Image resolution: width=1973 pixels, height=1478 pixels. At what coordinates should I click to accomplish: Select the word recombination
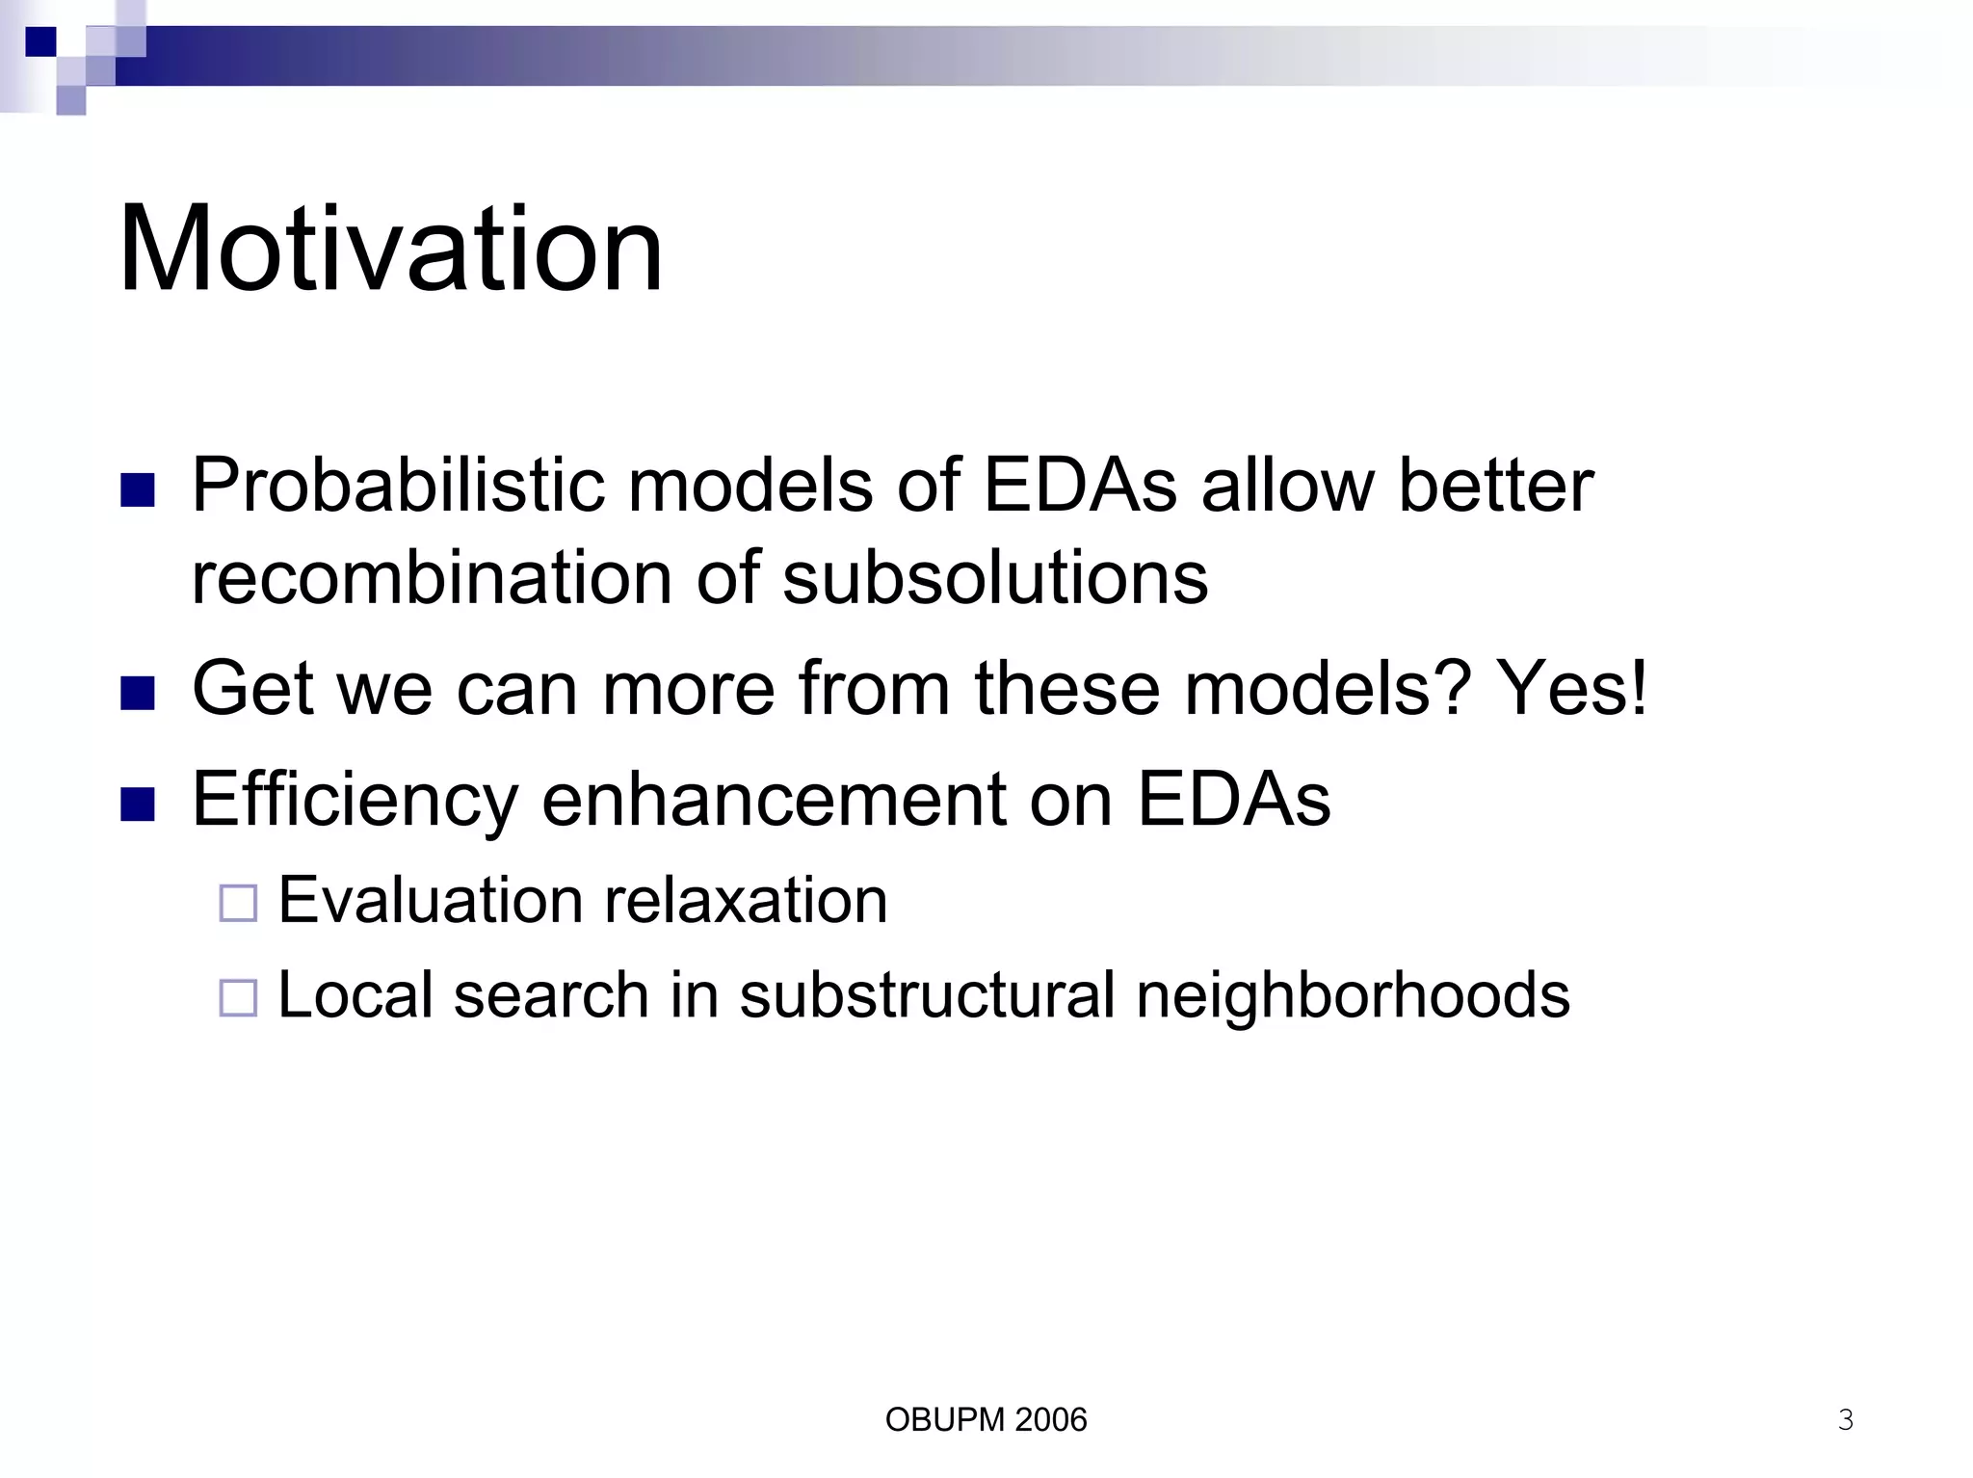click(x=431, y=578)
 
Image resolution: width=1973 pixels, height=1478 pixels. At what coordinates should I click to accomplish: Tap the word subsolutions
click(x=994, y=578)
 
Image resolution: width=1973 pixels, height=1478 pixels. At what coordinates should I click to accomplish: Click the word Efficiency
click(x=355, y=800)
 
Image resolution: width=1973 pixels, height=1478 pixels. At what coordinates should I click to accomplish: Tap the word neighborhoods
click(x=1353, y=995)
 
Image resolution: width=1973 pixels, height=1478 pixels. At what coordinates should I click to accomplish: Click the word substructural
click(x=926, y=995)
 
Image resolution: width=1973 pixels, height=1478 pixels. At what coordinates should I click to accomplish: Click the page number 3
click(x=1845, y=1419)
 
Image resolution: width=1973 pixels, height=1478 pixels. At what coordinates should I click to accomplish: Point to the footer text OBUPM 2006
click(x=986, y=1419)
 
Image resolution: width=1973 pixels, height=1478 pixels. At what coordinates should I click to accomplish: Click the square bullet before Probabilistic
click(x=138, y=490)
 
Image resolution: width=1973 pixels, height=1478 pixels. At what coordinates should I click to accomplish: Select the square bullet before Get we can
click(x=138, y=694)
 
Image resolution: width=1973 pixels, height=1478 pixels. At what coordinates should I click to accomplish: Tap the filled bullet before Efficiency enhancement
click(x=138, y=805)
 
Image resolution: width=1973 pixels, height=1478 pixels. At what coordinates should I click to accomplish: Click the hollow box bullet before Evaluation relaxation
click(x=238, y=904)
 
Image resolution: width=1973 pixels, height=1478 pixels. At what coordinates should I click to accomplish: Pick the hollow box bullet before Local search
click(x=238, y=998)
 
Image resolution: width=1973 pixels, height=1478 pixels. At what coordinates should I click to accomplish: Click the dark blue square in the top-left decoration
click(x=40, y=42)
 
